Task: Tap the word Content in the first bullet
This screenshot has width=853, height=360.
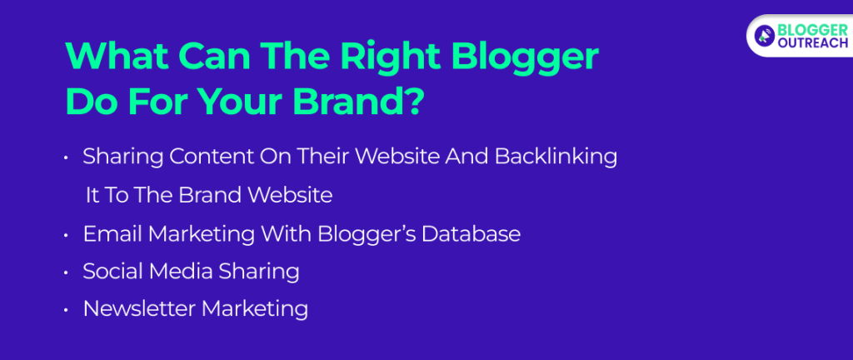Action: [x=193, y=157]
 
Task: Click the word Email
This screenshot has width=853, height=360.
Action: [x=112, y=234]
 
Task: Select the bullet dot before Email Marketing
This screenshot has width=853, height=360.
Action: [x=67, y=236]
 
